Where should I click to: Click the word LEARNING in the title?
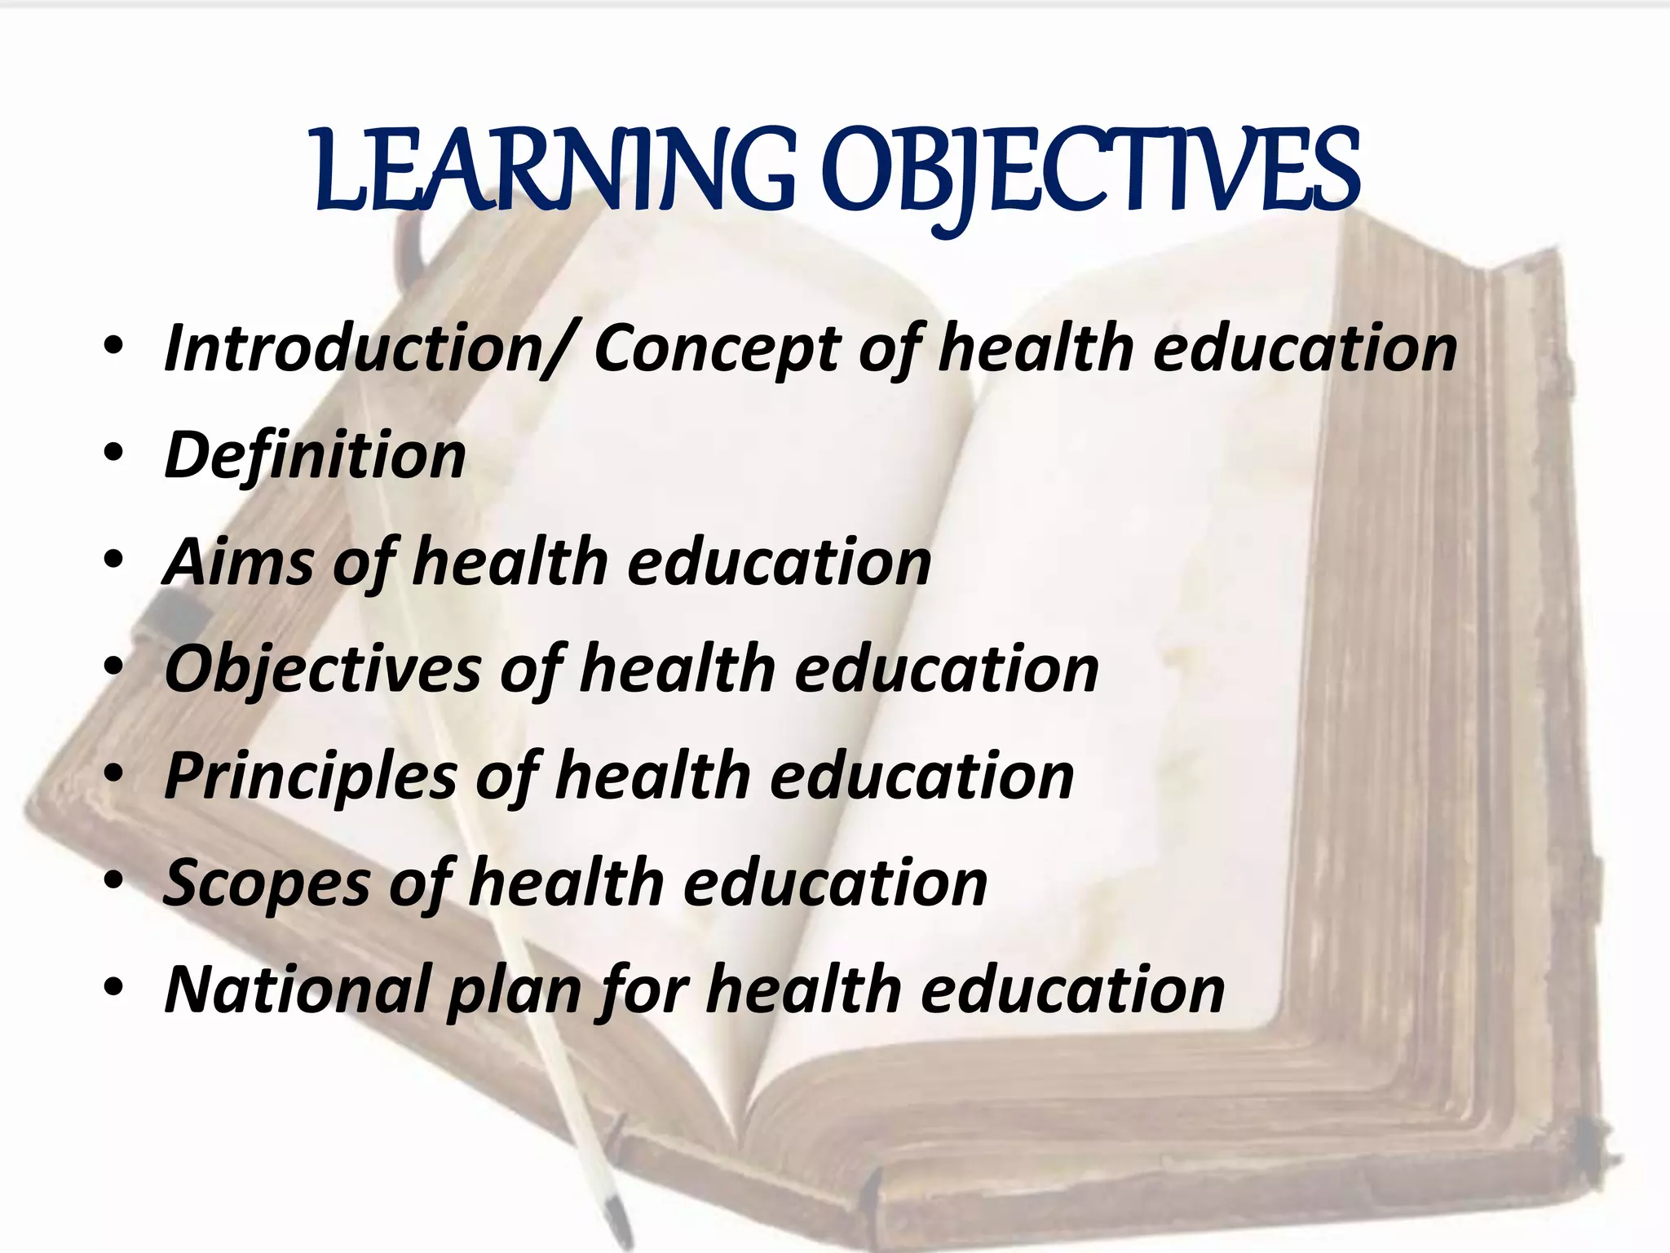click(554, 171)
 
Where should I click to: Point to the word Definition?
click(315, 455)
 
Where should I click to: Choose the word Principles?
click(311, 777)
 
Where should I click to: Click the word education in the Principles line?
click(922, 776)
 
